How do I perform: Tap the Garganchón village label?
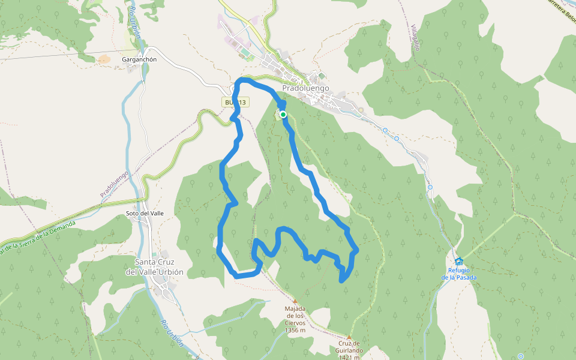(139, 59)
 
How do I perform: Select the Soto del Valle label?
(145, 213)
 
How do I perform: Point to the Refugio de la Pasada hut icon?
(459, 261)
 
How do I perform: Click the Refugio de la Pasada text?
(459, 274)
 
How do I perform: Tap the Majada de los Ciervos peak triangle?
(295, 301)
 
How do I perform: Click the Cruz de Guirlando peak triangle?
(349, 337)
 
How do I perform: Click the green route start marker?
(283, 114)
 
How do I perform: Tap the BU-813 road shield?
(235, 103)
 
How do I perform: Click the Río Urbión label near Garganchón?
(134, 24)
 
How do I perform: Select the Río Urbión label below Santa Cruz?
(172, 332)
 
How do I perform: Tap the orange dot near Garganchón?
(104, 59)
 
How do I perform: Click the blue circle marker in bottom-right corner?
(520, 356)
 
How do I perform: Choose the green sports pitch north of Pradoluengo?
(246, 53)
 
